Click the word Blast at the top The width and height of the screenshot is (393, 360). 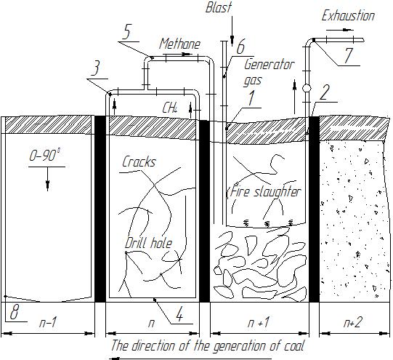click(x=219, y=7)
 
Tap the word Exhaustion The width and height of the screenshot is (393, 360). click(x=348, y=16)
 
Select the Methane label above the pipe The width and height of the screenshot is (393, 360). click(x=179, y=44)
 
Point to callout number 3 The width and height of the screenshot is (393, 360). click(x=96, y=68)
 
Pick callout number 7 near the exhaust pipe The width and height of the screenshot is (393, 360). click(x=349, y=55)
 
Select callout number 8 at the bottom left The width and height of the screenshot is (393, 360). click(x=15, y=312)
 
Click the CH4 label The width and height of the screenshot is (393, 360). click(x=170, y=108)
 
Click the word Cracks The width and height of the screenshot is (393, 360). click(x=139, y=161)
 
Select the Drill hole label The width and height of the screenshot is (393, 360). click(x=149, y=243)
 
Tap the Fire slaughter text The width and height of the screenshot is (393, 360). click(x=265, y=192)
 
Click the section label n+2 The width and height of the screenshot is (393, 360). click(x=353, y=322)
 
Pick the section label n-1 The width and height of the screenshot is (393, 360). click(x=47, y=322)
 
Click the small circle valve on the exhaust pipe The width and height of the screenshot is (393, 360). click(x=307, y=88)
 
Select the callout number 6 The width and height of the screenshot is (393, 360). click(x=240, y=47)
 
